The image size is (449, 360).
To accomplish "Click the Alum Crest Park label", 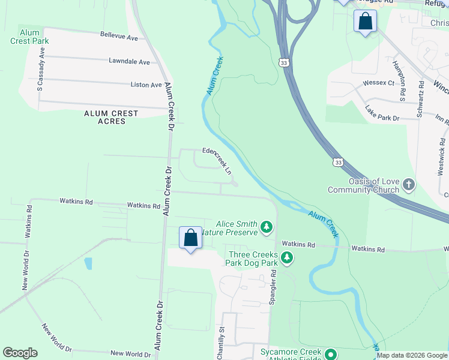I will tap(29, 37).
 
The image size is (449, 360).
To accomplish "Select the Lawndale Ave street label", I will tap(129, 61).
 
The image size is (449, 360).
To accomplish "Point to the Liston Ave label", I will tap(146, 85).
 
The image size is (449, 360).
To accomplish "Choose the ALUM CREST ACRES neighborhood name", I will tap(112, 117).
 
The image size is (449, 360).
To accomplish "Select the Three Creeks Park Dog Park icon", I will tap(288, 258).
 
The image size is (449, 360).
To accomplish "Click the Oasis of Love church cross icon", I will tap(409, 185).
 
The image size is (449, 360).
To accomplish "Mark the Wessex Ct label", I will tap(378, 83).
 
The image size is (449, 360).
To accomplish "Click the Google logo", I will tap(20, 353).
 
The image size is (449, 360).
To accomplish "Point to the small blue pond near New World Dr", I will tap(89, 263).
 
